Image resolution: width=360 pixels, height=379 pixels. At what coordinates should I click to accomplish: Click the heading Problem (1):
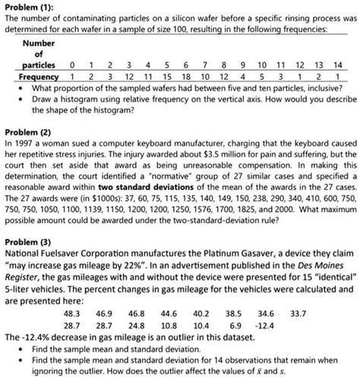click(30, 5)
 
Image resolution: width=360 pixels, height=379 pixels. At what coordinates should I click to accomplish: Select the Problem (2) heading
click(29, 130)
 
